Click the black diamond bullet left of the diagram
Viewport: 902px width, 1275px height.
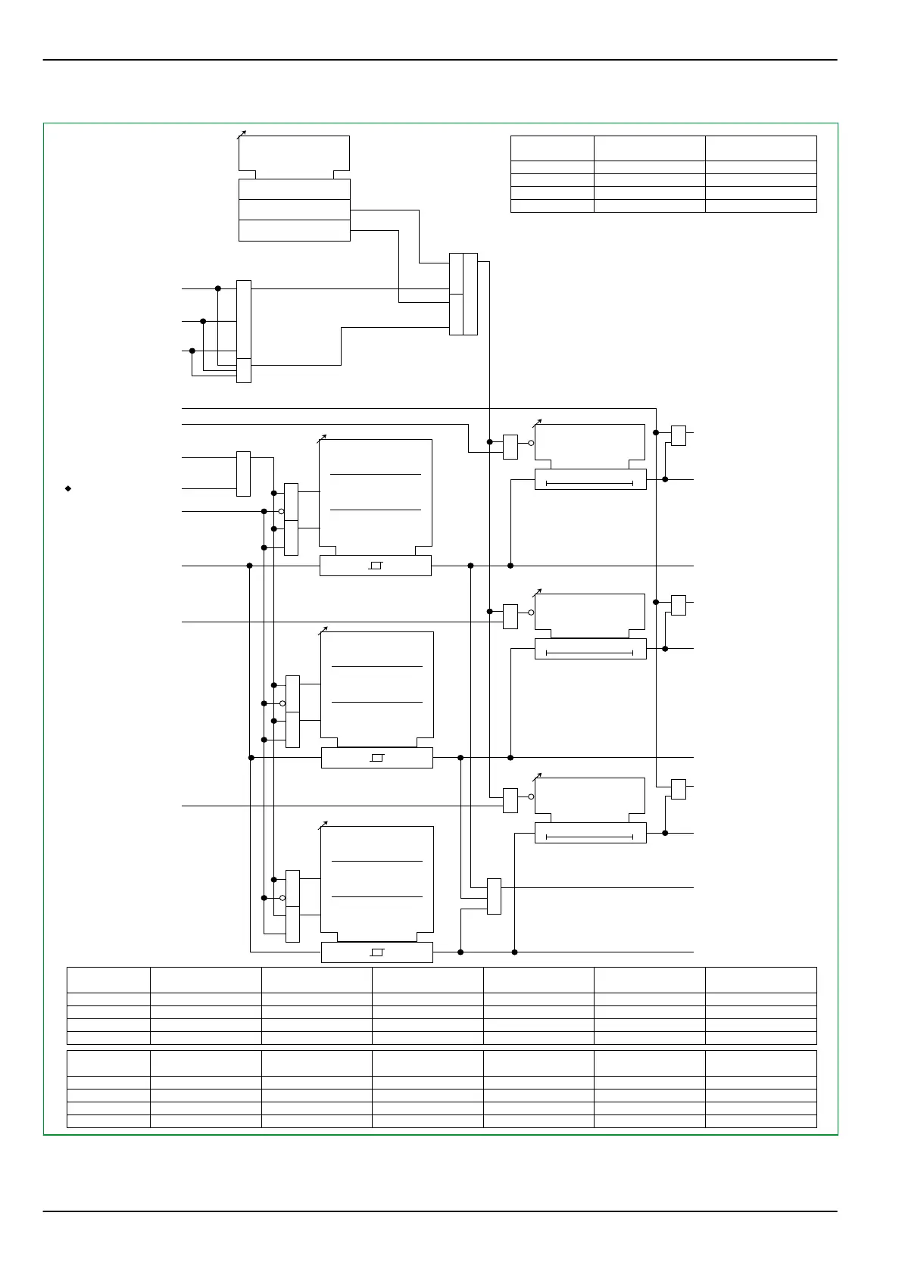68,489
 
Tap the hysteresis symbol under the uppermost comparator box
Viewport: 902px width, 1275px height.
376,566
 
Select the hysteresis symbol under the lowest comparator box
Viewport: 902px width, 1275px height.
378,952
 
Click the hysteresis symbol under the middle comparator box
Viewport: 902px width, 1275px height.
378,758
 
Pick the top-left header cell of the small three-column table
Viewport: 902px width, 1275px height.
552,148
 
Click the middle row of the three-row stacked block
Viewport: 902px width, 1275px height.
295,210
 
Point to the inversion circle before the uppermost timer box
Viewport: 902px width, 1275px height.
531,443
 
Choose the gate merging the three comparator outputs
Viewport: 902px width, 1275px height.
494,896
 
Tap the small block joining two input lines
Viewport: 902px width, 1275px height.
243,474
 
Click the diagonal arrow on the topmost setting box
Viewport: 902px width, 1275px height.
242,135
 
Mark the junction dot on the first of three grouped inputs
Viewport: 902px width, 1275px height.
218,288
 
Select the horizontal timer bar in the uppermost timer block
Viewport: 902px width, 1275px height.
589,482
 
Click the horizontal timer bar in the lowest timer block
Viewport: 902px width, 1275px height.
589,837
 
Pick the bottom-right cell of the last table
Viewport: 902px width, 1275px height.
760,1121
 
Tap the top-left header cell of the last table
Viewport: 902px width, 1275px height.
108,1063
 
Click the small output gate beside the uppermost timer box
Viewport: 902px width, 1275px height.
679,435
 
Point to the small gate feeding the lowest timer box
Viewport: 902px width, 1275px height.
510,800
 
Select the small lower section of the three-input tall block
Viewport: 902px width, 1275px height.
244,371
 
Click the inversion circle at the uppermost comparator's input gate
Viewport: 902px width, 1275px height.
281,511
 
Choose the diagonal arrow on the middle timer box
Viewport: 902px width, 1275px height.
538,592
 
